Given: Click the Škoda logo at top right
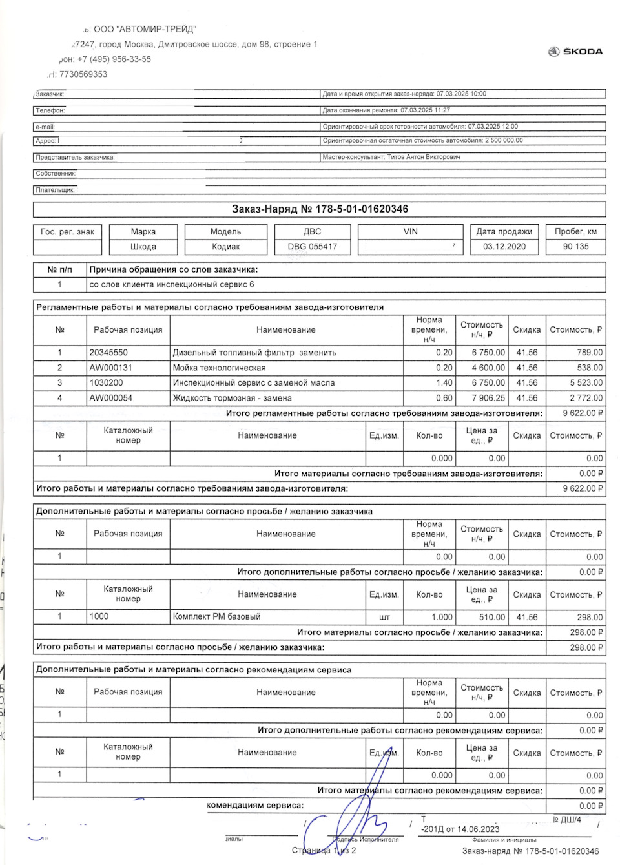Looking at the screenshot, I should click(x=575, y=52).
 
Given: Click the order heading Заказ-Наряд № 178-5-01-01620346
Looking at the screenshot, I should click(x=320, y=209).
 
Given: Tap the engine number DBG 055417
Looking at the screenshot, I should click(x=313, y=247).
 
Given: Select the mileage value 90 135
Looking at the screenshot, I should click(x=575, y=247).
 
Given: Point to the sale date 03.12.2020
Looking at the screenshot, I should click(x=504, y=247).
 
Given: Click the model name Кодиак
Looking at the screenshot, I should click(x=225, y=247).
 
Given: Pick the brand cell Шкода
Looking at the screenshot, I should click(x=143, y=247).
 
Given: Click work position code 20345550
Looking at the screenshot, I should click(x=108, y=353).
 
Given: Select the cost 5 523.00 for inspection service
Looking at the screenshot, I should click(x=586, y=383).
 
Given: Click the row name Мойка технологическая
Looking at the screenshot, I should click(x=219, y=368).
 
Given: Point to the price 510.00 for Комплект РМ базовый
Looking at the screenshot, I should click(x=491, y=617).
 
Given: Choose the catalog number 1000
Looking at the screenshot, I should click(x=99, y=616).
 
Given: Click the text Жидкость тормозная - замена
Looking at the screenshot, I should click(x=232, y=398).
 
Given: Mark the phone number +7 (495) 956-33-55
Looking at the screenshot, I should click(x=114, y=59).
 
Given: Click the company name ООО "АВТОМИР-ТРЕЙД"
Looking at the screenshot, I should click(x=145, y=30).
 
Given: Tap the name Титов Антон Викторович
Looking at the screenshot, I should click(x=423, y=157).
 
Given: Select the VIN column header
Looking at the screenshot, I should click(x=410, y=231).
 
